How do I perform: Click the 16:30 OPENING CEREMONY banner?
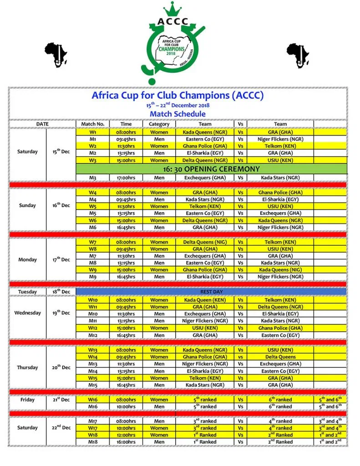pyautogui.click(x=212, y=169)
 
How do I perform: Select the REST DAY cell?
pyautogui.click(x=211, y=291)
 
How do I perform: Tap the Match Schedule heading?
pyautogui.click(x=177, y=114)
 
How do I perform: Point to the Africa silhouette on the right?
pyautogui.click(x=299, y=55)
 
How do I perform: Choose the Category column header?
pyautogui.click(x=159, y=124)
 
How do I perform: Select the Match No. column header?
pyautogui.click(x=93, y=124)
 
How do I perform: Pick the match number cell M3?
pyautogui.click(x=93, y=177)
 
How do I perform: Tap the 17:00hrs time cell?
pyautogui.click(x=126, y=177)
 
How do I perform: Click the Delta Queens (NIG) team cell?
pyautogui.click(x=205, y=242)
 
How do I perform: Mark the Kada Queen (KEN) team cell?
pyautogui.click(x=205, y=300)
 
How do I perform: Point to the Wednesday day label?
pyautogui.click(x=27, y=313)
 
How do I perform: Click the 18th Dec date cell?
pyautogui.click(x=61, y=291)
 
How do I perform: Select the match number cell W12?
pyautogui.click(x=93, y=328)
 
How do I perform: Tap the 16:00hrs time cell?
pyautogui.click(x=126, y=441)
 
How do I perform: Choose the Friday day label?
pyautogui.click(x=27, y=400)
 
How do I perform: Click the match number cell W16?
pyautogui.click(x=93, y=400)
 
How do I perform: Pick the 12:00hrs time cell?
pyautogui.click(x=126, y=435)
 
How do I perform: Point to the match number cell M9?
pyautogui.click(x=93, y=276)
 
